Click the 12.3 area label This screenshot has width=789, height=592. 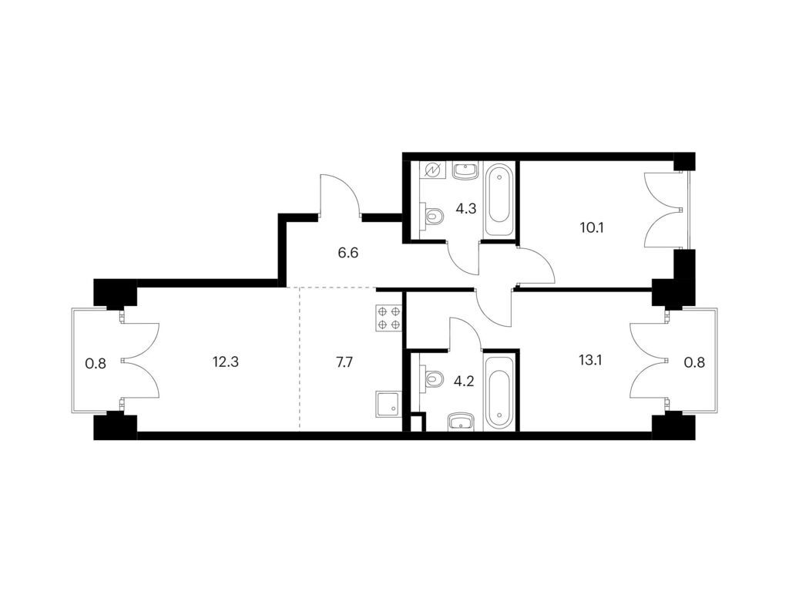pos(225,362)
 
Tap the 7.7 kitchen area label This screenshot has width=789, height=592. pos(344,362)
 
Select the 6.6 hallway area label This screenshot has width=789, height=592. pos(347,253)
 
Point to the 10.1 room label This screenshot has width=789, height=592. pos(591,227)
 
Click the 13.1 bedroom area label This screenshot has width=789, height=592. pos(591,361)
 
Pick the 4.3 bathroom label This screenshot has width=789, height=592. pos(465,208)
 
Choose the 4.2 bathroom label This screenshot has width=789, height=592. pos(463,381)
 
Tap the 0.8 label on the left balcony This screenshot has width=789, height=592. pos(96,363)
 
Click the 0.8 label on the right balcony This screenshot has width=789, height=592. pos(694,362)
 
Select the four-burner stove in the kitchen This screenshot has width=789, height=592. pos(388,318)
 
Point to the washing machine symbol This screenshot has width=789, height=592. pos(432,170)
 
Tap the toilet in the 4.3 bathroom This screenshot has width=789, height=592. pos(431,217)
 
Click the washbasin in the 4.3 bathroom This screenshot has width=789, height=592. pos(465,170)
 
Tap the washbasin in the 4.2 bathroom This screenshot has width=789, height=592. pos(461,422)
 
